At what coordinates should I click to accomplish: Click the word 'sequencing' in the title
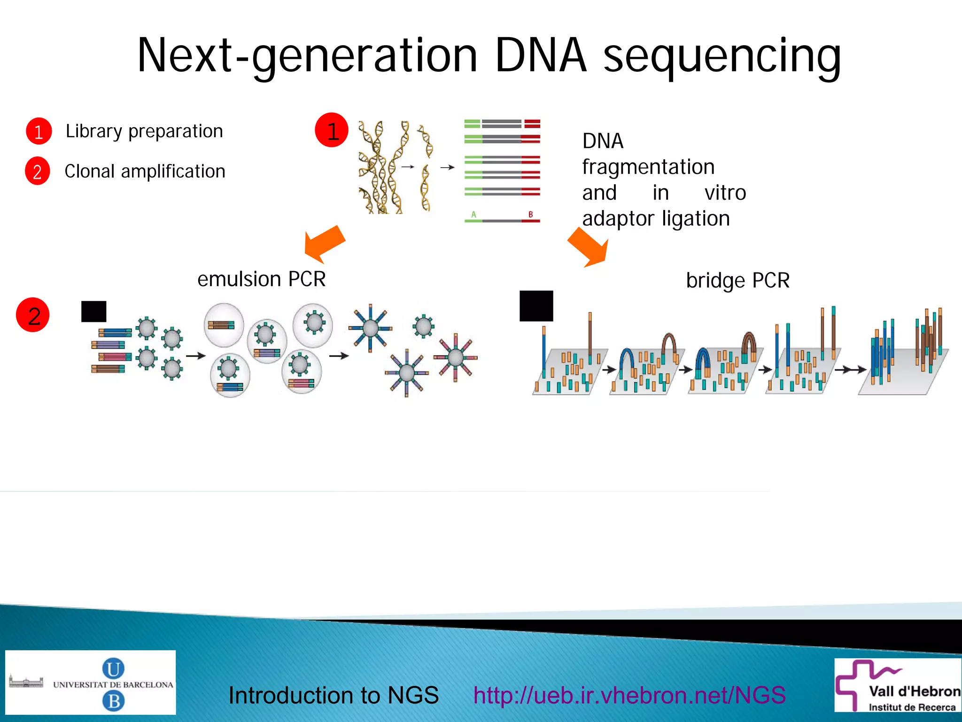coord(721,56)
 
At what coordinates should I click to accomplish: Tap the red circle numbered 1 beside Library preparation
coord(39,131)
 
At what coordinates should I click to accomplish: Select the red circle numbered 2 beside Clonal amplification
coord(38,171)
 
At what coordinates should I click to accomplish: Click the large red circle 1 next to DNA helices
coord(332,130)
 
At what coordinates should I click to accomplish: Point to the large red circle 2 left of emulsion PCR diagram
coord(33,315)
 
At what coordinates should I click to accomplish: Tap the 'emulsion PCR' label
coord(261,279)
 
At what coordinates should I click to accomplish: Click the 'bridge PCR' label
coord(737,280)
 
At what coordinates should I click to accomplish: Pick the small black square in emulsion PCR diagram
coord(94,311)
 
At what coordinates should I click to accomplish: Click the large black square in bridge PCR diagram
coord(536,306)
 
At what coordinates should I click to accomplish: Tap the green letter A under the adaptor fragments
coord(473,215)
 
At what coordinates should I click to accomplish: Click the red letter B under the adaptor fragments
coord(531,215)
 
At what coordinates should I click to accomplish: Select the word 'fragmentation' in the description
coord(648,167)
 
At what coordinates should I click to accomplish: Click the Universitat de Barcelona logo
coord(90,683)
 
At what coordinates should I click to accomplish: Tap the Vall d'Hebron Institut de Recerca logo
coord(898,685)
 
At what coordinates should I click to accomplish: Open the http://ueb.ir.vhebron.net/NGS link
coord(629,695)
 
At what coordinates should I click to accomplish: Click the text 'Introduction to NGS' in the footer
coord(334,695)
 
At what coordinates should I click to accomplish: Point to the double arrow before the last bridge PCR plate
coord(853,370)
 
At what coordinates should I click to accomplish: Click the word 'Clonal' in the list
coord(89,171)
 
